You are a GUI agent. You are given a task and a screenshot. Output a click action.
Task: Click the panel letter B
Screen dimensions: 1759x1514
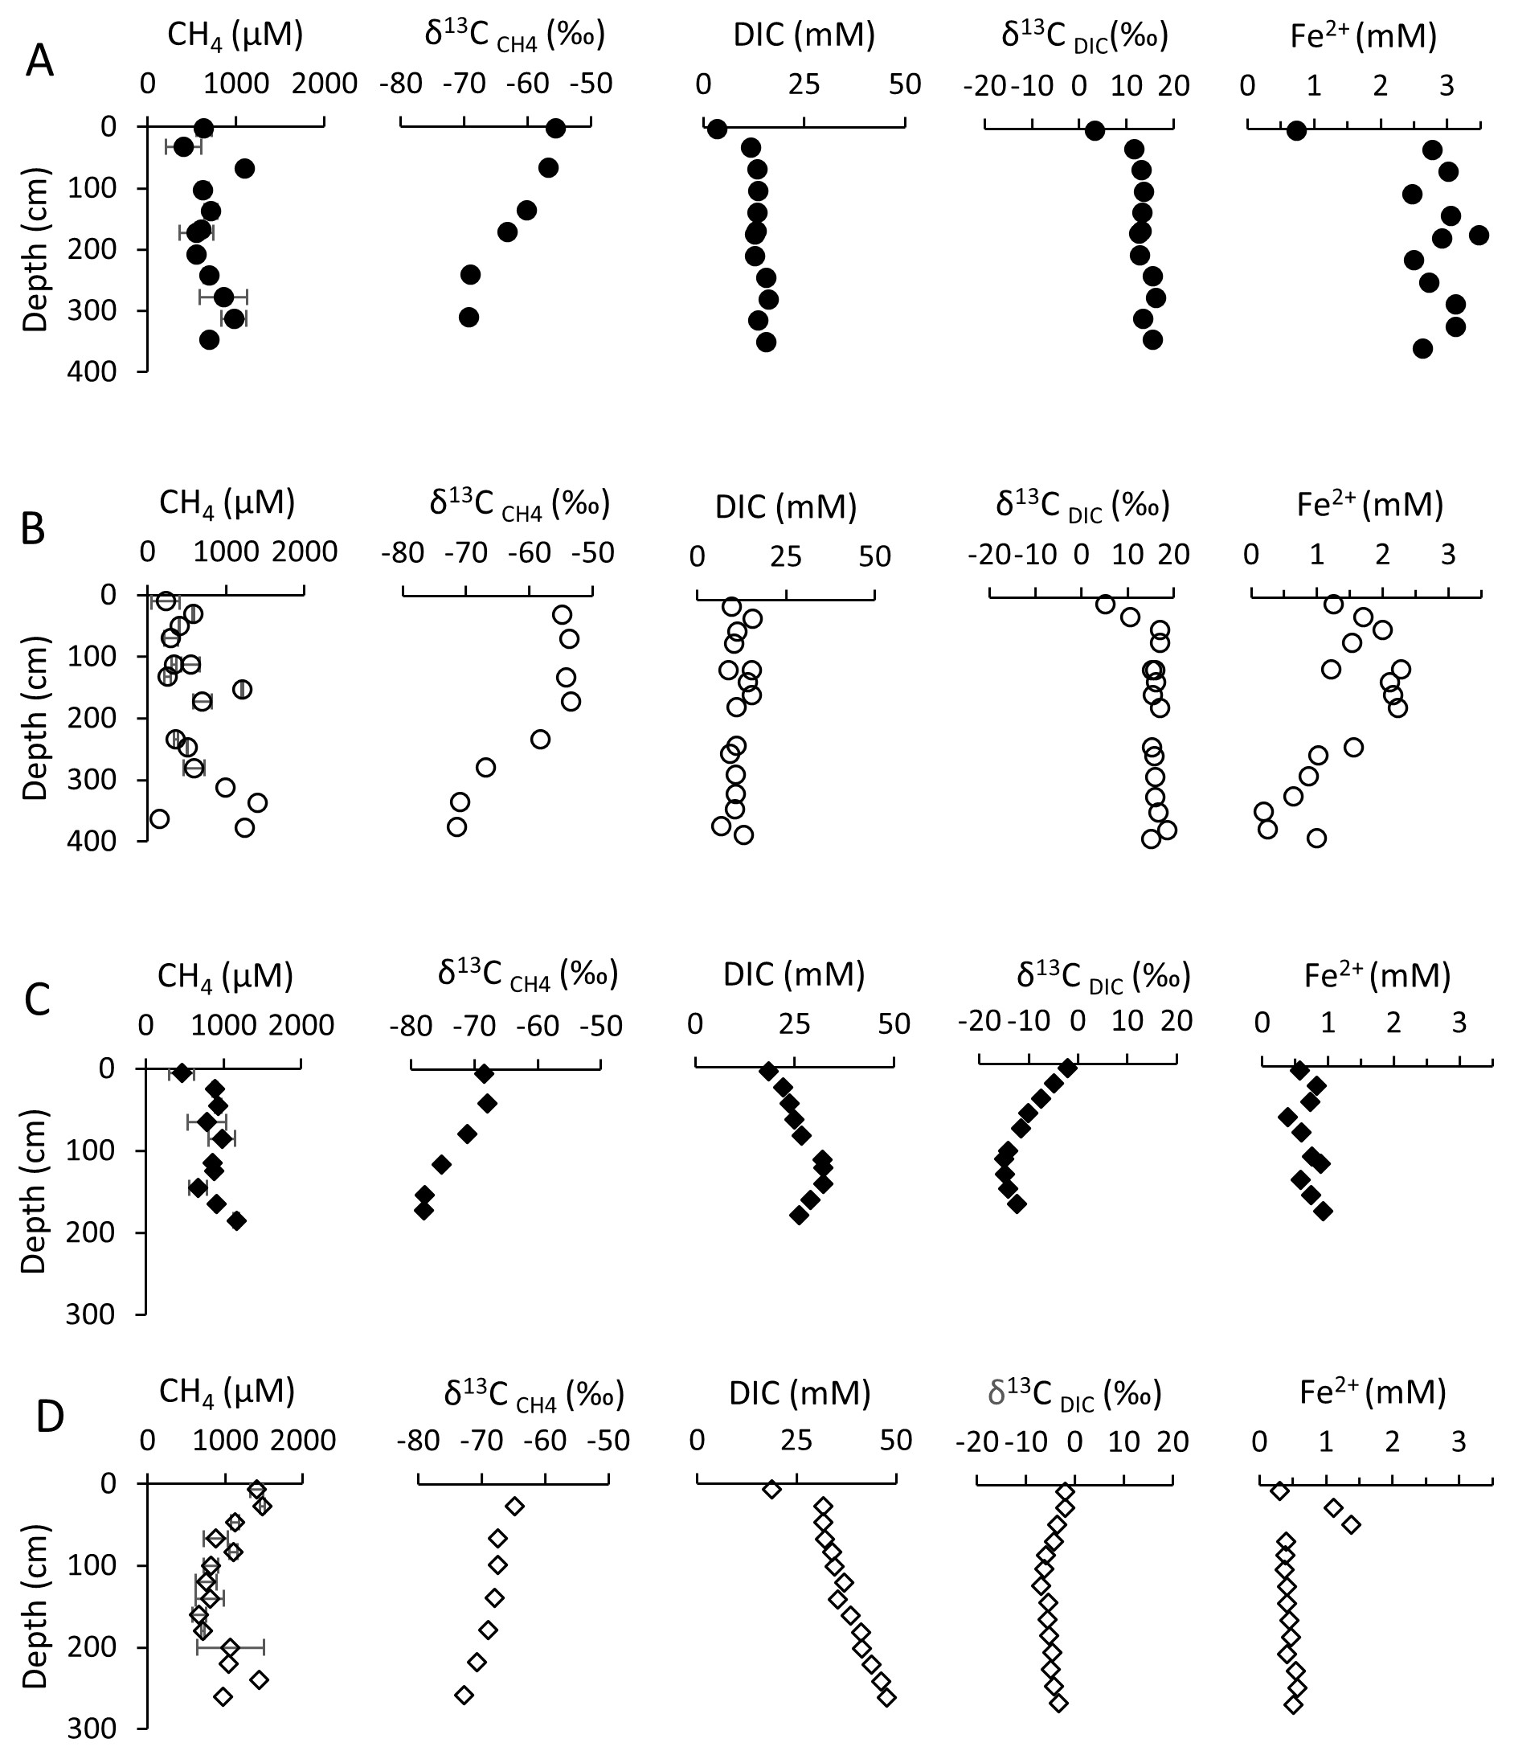pos(32,529)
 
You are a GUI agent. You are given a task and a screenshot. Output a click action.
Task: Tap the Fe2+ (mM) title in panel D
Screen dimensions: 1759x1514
pos(1373,1393)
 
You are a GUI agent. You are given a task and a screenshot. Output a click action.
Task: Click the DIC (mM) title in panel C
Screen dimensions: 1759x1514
pos(793,975)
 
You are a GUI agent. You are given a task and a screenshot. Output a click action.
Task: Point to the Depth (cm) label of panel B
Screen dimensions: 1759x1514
pos(34,717)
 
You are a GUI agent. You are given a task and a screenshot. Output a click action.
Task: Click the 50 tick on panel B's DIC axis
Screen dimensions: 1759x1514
pos(874,556)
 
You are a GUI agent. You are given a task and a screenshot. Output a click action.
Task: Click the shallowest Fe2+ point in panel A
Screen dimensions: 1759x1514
pos(1296,131)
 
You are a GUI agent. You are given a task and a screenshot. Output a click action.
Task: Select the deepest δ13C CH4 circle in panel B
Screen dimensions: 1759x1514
pos(456,827)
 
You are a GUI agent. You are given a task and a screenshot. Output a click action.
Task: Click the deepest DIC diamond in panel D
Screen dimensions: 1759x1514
pos(887,1697)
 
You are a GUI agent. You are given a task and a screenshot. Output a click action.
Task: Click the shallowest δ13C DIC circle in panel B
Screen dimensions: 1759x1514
pos(1105,605)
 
